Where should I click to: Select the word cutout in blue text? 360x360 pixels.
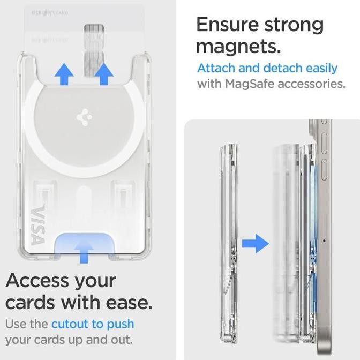click(x=70, y=324)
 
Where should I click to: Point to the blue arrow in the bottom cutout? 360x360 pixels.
click(x=83, y=250)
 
